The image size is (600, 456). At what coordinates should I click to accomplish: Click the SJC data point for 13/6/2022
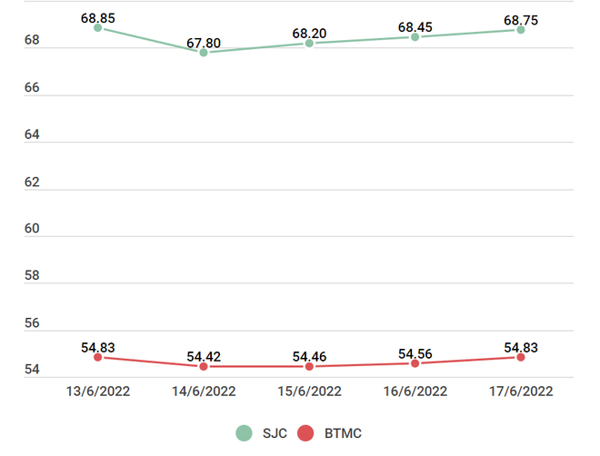coord(97,28)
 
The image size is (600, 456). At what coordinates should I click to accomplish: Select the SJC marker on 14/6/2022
coord(204,53)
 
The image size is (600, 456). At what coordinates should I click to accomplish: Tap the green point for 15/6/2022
coord(309,44)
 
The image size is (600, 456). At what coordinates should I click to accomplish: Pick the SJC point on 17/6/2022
coord(521,30)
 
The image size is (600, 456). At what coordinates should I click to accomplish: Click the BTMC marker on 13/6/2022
coord(97,357)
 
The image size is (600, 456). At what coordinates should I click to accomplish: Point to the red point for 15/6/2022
coord(309,366)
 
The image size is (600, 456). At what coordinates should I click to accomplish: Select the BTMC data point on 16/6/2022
coord(415,363)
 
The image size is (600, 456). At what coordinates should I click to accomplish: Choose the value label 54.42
coord(204,357)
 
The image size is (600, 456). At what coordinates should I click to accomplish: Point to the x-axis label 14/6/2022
coord(204,392)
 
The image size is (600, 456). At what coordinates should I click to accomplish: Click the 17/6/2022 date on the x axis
coord(521,392)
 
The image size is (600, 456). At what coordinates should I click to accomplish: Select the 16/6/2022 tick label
coord(415,392)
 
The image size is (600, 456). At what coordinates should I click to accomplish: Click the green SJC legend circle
coord(244,433)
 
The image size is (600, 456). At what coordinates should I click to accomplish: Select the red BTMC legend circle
coord(306,433)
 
